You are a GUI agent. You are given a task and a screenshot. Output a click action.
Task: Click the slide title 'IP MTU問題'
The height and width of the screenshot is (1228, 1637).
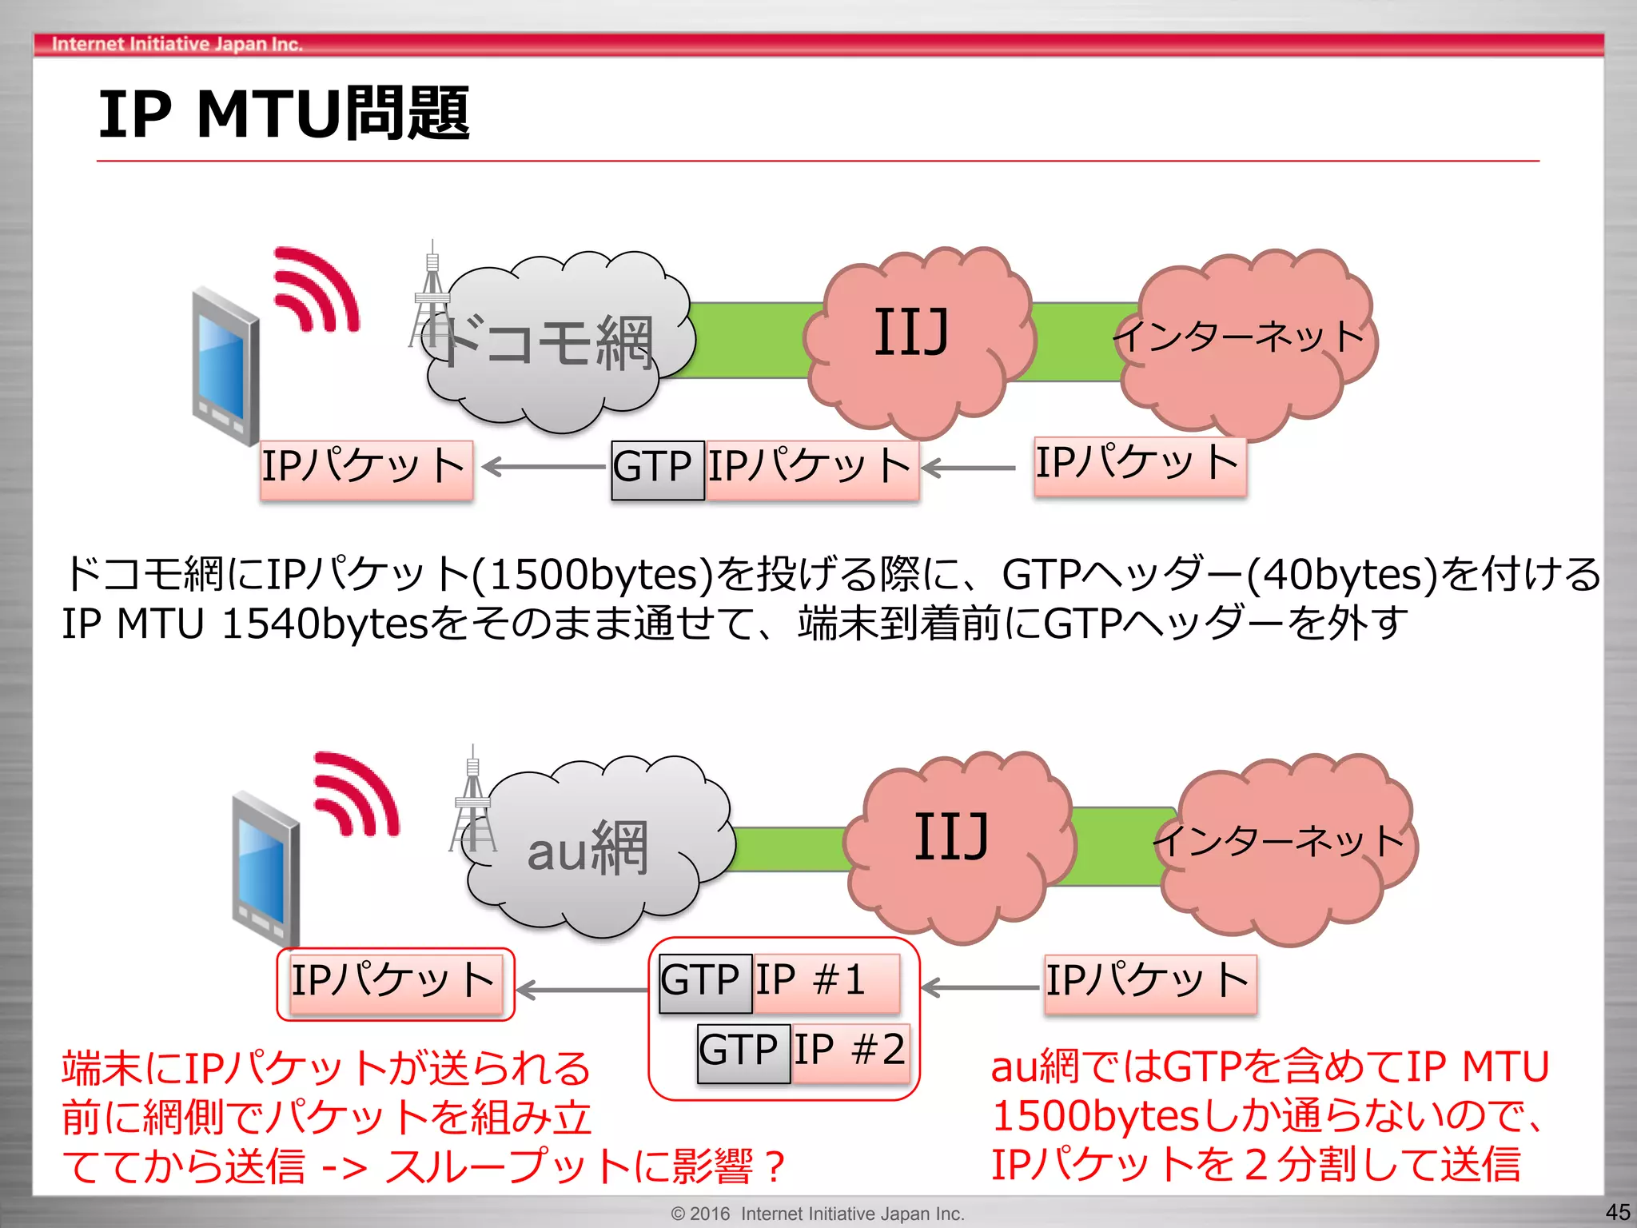coord(284,114)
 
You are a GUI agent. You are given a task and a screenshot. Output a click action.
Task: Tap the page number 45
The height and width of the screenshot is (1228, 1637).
coord(1617,1212)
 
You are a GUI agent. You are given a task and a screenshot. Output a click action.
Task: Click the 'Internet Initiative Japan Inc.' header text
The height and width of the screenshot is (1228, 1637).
coord(177,44)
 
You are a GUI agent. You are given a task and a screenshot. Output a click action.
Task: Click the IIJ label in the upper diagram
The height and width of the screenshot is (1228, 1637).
coord(911,332)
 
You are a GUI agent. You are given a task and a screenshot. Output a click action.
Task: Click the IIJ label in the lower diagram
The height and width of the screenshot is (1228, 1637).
coord(951,836)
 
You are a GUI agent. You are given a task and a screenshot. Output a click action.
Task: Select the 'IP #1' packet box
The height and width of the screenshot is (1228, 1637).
coord(825,983)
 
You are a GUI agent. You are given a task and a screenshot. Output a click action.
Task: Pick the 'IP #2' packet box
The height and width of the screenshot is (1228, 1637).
coord(850,1052)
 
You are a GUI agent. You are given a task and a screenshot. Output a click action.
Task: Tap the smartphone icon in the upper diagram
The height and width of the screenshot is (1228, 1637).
coord(226,366)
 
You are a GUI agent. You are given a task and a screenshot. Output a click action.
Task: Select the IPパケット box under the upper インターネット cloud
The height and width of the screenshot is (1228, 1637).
coord(1139,466)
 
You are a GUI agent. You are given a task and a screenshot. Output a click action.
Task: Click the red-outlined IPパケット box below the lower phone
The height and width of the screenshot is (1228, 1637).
coord(395,983)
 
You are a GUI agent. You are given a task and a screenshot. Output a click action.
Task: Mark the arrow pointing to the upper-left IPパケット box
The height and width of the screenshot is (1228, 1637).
coord(544,467)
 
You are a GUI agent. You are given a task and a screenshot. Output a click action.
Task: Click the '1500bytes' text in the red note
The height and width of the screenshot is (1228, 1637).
coord(1096,1116)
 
